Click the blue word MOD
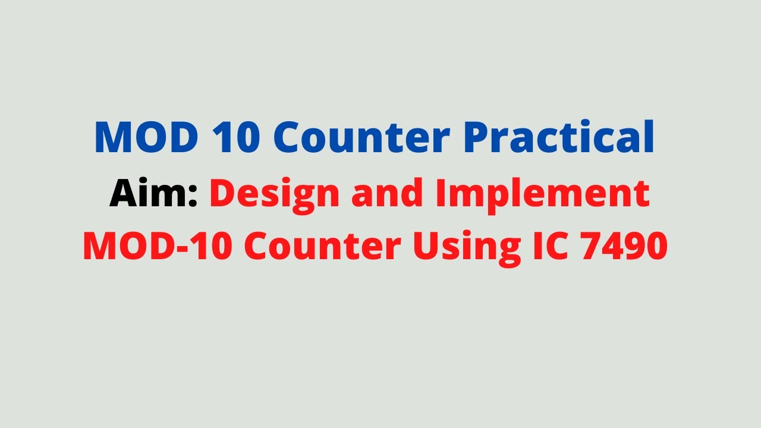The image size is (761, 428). (x=146, y=138)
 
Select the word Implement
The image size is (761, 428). (x=542, y=195)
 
